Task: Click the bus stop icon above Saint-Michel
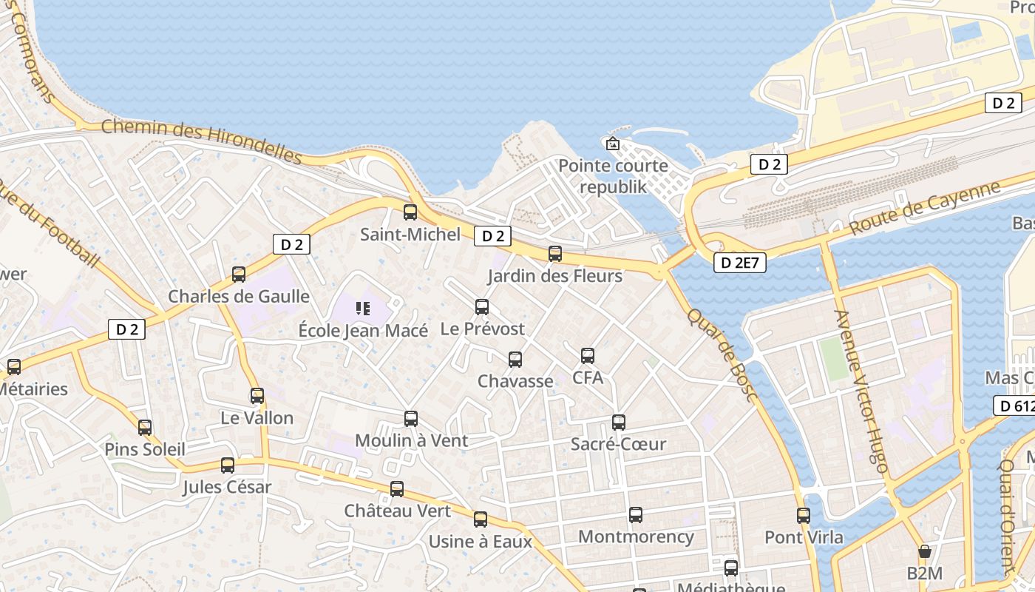click(410, 212)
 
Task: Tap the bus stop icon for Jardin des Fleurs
click(555, 254)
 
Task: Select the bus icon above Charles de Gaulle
click(239, 275)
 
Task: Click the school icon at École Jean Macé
click(362, 308)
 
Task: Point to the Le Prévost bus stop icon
click(482, 306)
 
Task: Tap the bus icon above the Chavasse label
click(515, 360)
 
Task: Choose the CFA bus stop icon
click(588, 356)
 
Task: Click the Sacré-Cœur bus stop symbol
click(619, 423)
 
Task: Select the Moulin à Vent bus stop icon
click(411, 419)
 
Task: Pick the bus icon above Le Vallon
click(257, 396)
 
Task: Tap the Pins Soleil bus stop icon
click(145, 427)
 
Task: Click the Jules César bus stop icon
click(228, 465)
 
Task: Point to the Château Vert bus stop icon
click(397, 489)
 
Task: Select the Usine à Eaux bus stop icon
click(481, 519)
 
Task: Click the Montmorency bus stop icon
click(636, 515)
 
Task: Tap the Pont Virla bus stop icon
click(804, 516)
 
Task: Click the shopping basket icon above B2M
click(924, 551)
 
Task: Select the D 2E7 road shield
click(739, 262)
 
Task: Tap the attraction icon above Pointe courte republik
click(612, 144)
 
